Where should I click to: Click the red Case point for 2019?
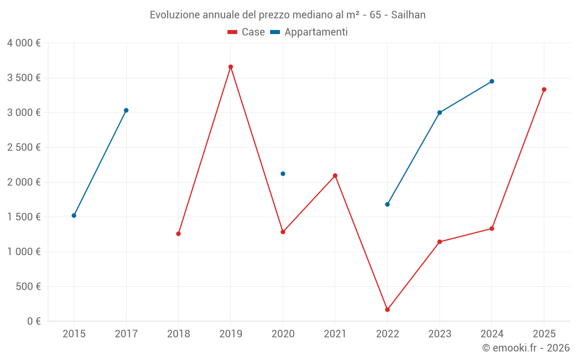coord(230,67)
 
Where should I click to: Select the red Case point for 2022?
coord(387,310)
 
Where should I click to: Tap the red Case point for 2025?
coord(544,89)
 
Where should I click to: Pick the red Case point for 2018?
coord(179,234)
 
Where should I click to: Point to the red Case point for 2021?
coord(335,176)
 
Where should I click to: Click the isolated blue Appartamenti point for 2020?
coord(283,173)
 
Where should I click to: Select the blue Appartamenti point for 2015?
coord(74,215)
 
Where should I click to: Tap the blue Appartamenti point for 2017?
coord(126,110)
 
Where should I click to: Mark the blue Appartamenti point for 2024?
coord(492,81)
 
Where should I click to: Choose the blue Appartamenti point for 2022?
coord(387,204)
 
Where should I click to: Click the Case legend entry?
coord(247,32)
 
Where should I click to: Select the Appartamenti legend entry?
coord(309,32)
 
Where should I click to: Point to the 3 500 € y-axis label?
coord(24,78)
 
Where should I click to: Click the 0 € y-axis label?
coord(32,321)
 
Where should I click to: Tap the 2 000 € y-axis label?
coord(24,182)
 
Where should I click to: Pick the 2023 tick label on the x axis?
coord(439,334)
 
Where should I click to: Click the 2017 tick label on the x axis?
coord(126,334)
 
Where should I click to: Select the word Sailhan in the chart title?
coord(408,15)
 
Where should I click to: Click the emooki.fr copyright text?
coord(526,348)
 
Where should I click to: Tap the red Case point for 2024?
coord(492,229)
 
